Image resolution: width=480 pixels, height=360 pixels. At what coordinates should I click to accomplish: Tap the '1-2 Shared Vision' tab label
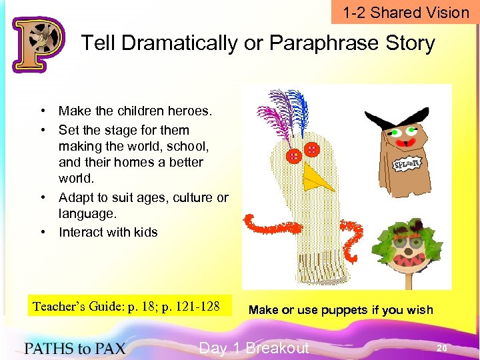point(406,13)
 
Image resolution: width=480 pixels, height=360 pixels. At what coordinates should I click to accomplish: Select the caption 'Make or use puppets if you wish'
point(341,309)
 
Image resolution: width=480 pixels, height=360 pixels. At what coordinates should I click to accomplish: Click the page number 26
point(442,348)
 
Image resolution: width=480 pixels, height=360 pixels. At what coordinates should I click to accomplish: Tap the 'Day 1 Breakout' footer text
point(254,348)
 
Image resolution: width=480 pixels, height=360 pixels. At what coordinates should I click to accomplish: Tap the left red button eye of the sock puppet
point(293,157)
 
